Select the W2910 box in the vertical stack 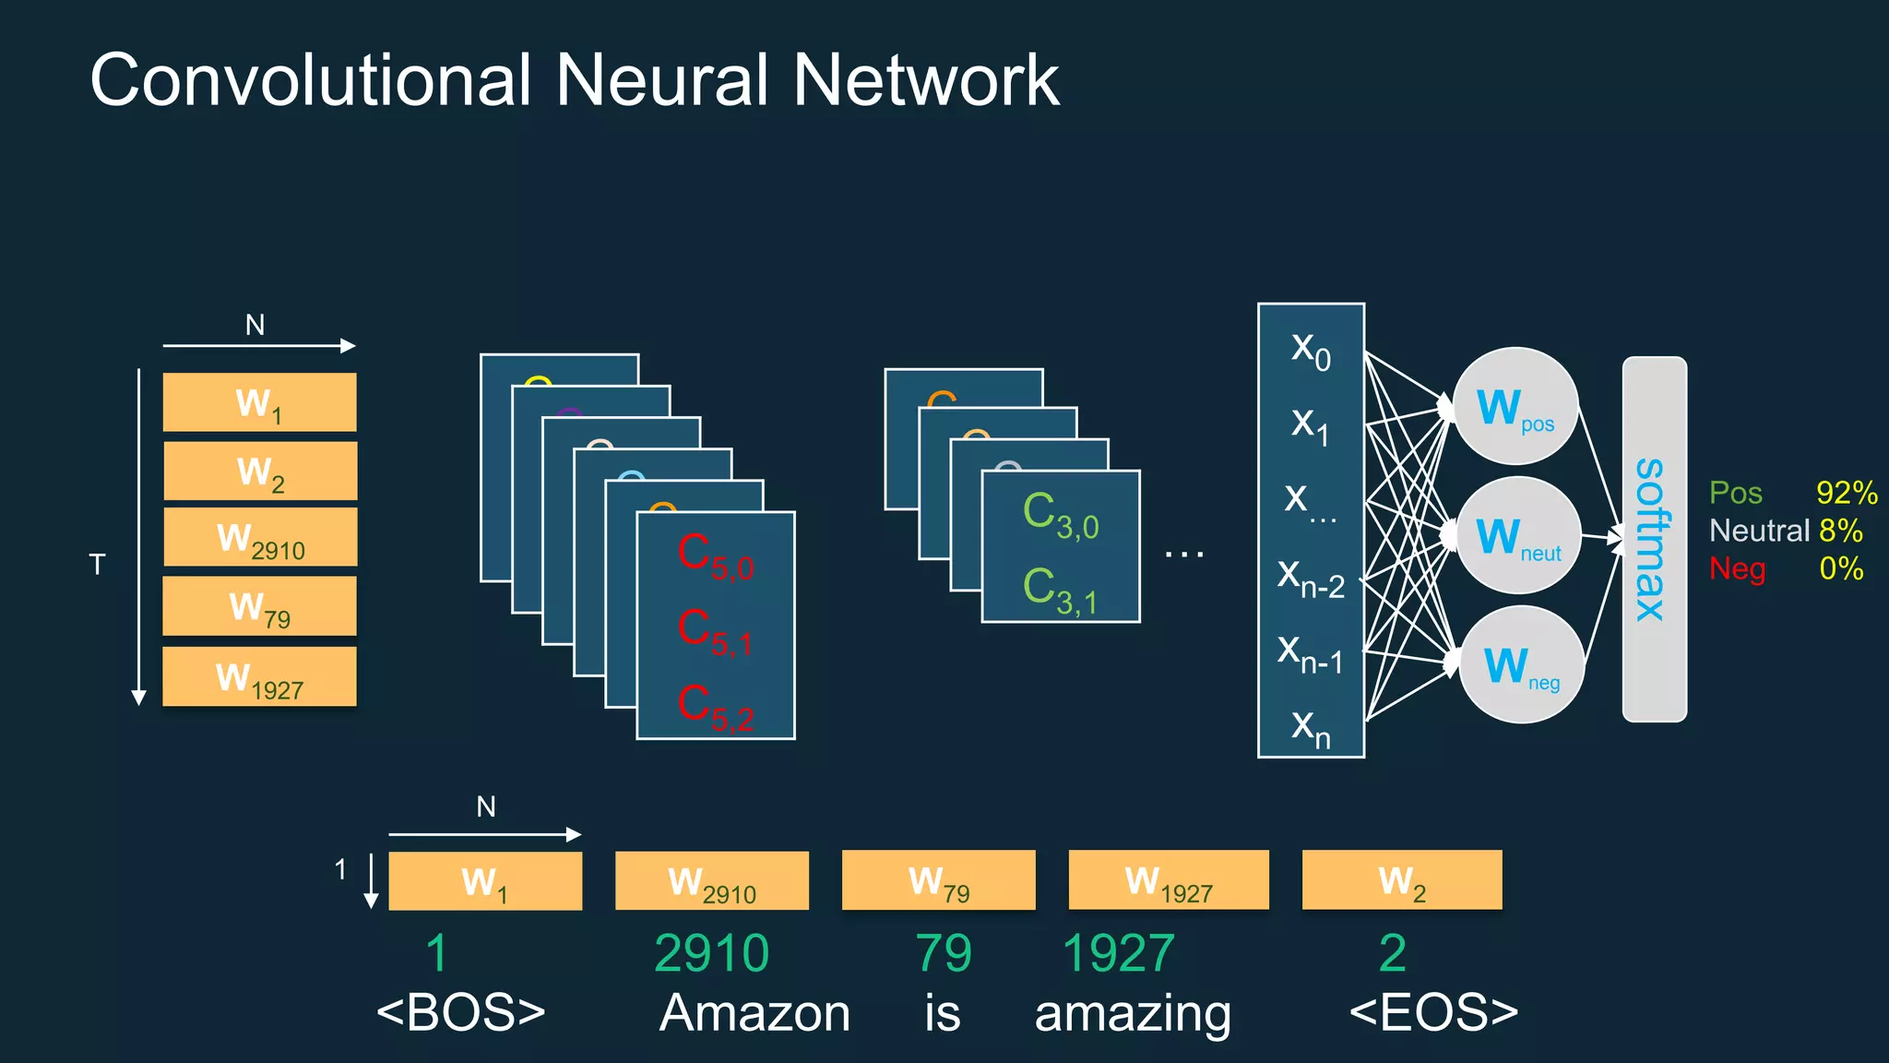coord(260,538)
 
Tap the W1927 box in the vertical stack coord(259,677)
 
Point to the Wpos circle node coord(1515,407)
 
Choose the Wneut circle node coord(1518,536)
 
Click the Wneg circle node coord(1521,665)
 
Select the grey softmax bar coord(1654,539)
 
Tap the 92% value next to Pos coord(1846,493)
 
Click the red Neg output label coord(1737,568)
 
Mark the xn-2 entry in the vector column coord(1311,579)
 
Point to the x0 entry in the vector coord(1311,350)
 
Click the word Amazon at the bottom coord(754,1013)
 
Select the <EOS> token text coord(1433,1012)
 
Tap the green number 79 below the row coord(943,953)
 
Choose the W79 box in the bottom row coord(938,880)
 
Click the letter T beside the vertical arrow coord(97,565)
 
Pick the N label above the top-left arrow coord(255,325)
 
